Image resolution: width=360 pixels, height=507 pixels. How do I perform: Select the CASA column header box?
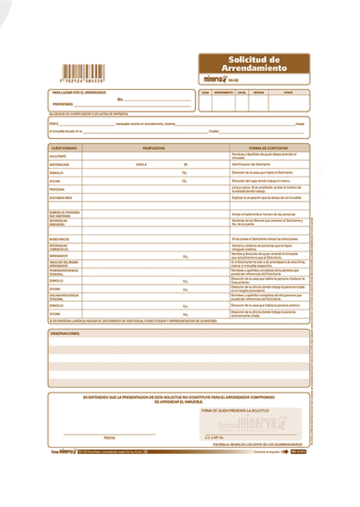205,93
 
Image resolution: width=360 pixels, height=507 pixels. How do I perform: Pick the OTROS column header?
288,93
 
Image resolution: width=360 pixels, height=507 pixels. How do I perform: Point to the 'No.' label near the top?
120,99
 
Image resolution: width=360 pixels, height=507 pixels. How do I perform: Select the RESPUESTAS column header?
154,147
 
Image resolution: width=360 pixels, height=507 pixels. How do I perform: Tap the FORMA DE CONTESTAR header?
269,147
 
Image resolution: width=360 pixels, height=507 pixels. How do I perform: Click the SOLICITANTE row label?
58,156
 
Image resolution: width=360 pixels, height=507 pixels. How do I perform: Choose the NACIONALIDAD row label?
59,164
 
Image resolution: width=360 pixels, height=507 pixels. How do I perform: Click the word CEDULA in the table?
141,164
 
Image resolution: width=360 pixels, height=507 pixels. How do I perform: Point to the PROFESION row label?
57,189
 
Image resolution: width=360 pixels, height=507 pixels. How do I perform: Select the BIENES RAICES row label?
58,239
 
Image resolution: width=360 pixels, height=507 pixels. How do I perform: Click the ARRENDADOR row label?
58,256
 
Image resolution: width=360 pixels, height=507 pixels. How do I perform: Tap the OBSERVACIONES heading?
65,333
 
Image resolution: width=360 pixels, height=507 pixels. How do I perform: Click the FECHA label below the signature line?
109,438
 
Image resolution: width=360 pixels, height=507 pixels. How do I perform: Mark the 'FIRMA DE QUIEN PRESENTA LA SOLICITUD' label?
231,411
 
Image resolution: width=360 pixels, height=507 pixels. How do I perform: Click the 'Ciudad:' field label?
214,131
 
